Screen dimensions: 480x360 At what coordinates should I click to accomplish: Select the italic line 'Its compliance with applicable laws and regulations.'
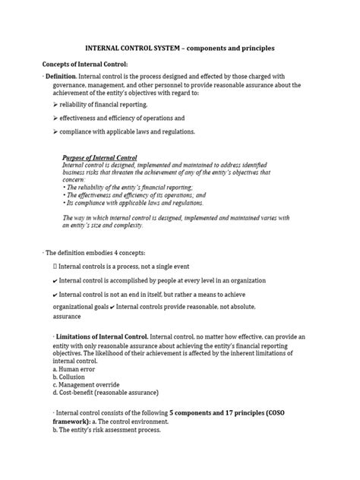133,204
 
